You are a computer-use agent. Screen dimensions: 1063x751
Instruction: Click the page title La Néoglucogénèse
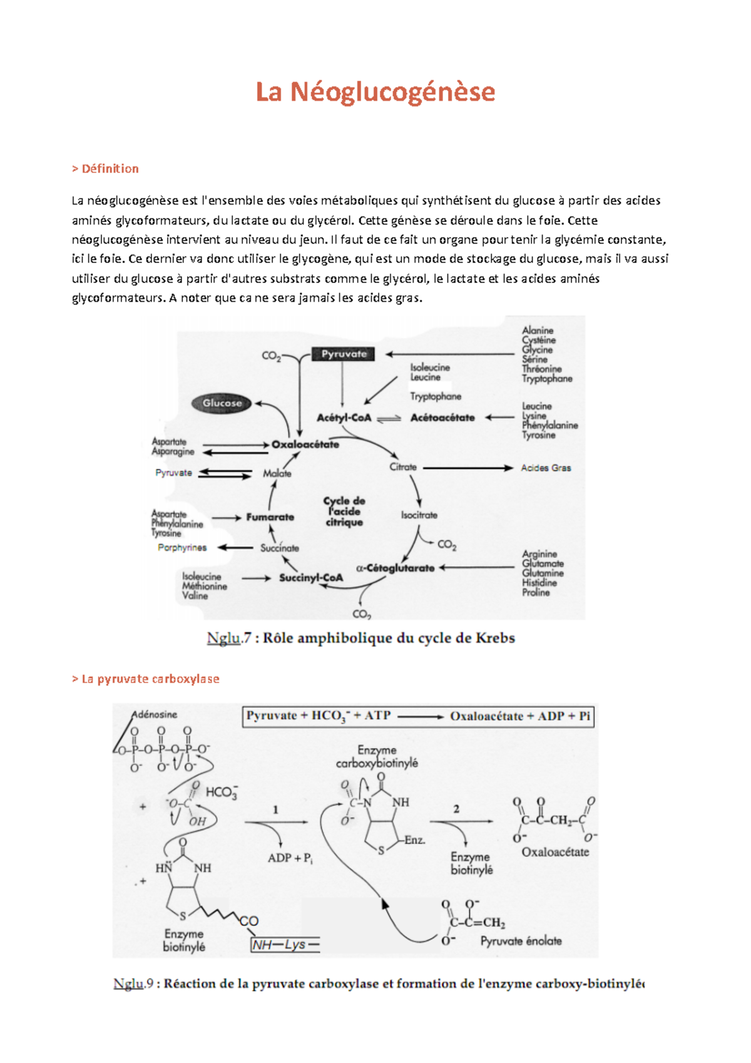pos(375,92)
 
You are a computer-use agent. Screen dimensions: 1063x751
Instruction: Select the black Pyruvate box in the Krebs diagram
pos(344,354)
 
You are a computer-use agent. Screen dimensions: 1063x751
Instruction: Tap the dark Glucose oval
pos(222,403)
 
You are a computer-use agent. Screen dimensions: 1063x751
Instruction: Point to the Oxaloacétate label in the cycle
pos(305,444)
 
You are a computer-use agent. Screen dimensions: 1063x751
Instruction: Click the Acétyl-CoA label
pos(344,418)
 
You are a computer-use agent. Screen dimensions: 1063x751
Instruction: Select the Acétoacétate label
pos(442,418)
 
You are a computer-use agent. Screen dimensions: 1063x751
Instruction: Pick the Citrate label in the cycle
pos(403,467)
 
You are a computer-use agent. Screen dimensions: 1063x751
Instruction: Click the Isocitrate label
pos(419,515)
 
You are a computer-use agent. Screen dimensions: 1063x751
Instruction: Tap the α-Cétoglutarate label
pos(396,568)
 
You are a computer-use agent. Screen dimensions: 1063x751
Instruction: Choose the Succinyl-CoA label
pos(311,578)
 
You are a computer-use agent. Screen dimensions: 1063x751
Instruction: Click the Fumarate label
pos(270,517)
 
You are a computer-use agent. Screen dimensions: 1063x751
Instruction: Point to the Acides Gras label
pos(546,468)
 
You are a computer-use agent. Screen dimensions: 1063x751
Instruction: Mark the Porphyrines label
pos(182,548)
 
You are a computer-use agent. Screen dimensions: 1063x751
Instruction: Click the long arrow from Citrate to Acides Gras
pos(468,468)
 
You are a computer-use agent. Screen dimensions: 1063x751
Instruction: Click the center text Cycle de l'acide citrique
pos(344,511)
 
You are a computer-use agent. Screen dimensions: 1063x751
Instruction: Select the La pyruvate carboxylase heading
pos(146,679)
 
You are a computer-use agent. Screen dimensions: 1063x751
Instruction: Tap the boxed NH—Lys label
pos(285,945)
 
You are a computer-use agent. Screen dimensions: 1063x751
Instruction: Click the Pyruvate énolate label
pos(521,941)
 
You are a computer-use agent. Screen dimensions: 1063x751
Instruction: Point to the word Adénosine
pos(155,714)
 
